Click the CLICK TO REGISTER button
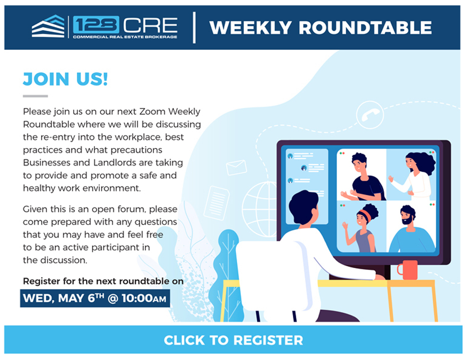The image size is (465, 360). point(233,339)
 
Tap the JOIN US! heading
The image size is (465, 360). point(65,79)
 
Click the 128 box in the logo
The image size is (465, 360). point(96,24)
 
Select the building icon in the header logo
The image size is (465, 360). point(48,26)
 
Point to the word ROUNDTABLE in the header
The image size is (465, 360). point(365,28)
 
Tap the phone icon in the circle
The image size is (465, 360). point(370,115)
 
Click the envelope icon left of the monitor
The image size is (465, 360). point(236,168)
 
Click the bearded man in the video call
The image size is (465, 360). point(412,230)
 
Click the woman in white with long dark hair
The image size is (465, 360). point(415,175)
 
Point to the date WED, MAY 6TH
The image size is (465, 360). point(64,298)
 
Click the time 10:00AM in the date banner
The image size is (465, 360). point(144,298)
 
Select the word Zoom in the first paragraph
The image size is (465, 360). point(152,112)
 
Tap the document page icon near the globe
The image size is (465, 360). point(217,203)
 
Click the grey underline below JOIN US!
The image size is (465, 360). point(35,96)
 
